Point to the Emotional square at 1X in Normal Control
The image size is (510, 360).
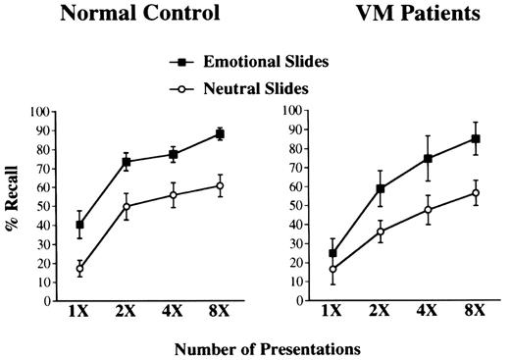[x=79, y=225]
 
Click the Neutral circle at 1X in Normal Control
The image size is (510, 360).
[x=79, y=268]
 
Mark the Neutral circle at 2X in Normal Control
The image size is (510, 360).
[x=127, y=206]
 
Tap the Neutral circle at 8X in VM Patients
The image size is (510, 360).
[x=476, y=192]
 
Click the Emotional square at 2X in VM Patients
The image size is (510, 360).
[x=381, y=188]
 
